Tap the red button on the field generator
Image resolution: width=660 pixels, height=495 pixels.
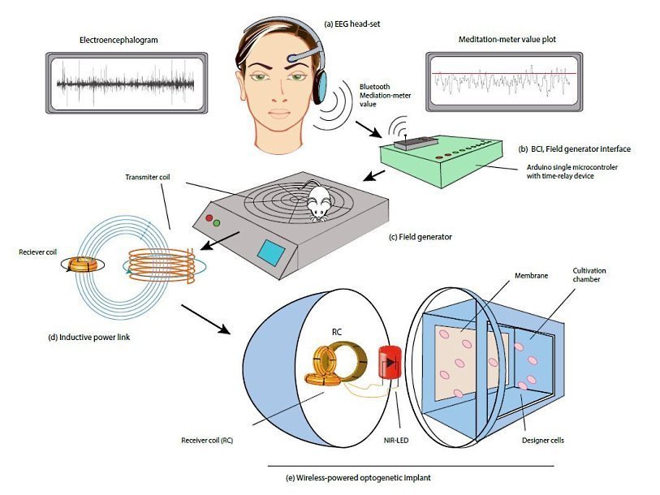[x=209, y=219]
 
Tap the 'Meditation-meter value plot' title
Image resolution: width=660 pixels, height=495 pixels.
[x=501, y=40]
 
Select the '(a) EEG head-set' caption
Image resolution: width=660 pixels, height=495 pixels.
[x=353, y=24]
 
